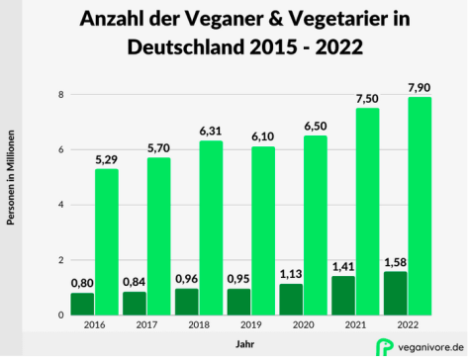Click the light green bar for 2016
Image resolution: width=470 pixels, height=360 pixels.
click(107, 242)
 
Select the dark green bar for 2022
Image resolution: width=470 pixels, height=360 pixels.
click(394, 293)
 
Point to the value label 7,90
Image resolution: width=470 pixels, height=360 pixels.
click(421, 86)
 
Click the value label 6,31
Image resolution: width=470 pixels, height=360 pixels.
click(212, 130)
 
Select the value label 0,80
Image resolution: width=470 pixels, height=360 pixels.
click(82, 282)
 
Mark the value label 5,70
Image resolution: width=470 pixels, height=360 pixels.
click(159, 146)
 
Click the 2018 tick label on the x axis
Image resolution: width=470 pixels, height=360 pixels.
click(198, 325)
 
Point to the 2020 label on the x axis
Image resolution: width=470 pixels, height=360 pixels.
click(303, 325)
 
